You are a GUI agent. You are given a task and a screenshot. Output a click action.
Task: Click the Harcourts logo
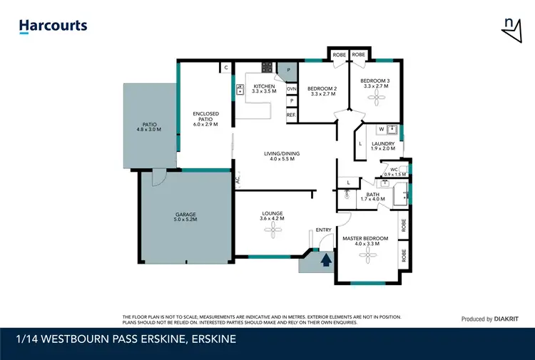click(x=53, y=26)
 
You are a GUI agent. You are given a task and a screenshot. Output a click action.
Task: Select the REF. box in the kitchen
click(x=291, y=115)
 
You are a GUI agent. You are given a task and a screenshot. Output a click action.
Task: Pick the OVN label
click(x=291, y=88)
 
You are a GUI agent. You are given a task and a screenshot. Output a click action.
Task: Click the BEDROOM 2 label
click(x=322, y=91)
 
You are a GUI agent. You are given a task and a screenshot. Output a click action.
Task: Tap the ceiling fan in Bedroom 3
click(x=374, y=101)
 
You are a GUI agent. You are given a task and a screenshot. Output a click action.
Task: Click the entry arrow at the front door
click(x=325, y=260)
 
